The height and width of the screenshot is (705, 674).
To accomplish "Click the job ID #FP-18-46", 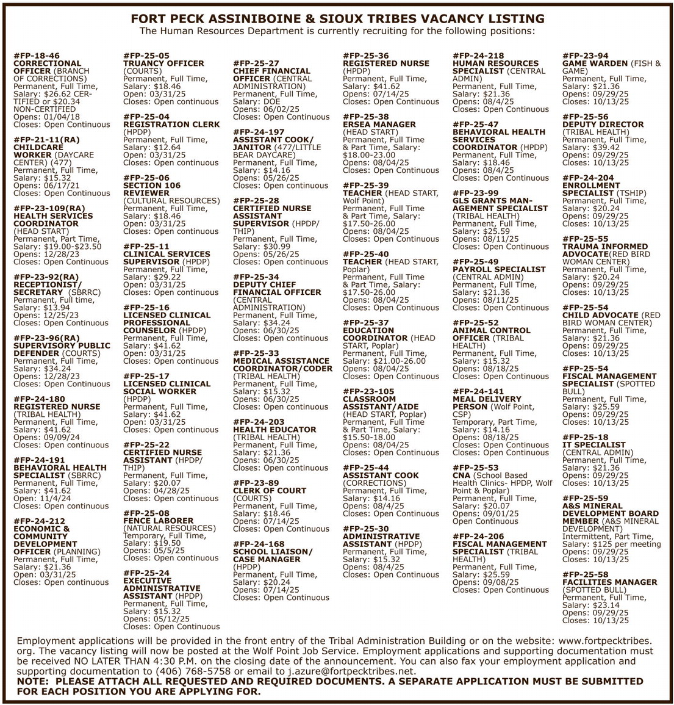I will point(37,56).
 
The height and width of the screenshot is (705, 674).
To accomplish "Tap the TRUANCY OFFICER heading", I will point(163,63).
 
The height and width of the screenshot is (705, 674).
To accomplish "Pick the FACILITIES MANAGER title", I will point(609,582).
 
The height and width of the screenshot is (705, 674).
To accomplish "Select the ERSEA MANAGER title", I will point(379,125).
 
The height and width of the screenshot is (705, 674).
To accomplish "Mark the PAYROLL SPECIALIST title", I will point(499,269).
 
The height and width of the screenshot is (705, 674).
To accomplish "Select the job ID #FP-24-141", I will point(478,391).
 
